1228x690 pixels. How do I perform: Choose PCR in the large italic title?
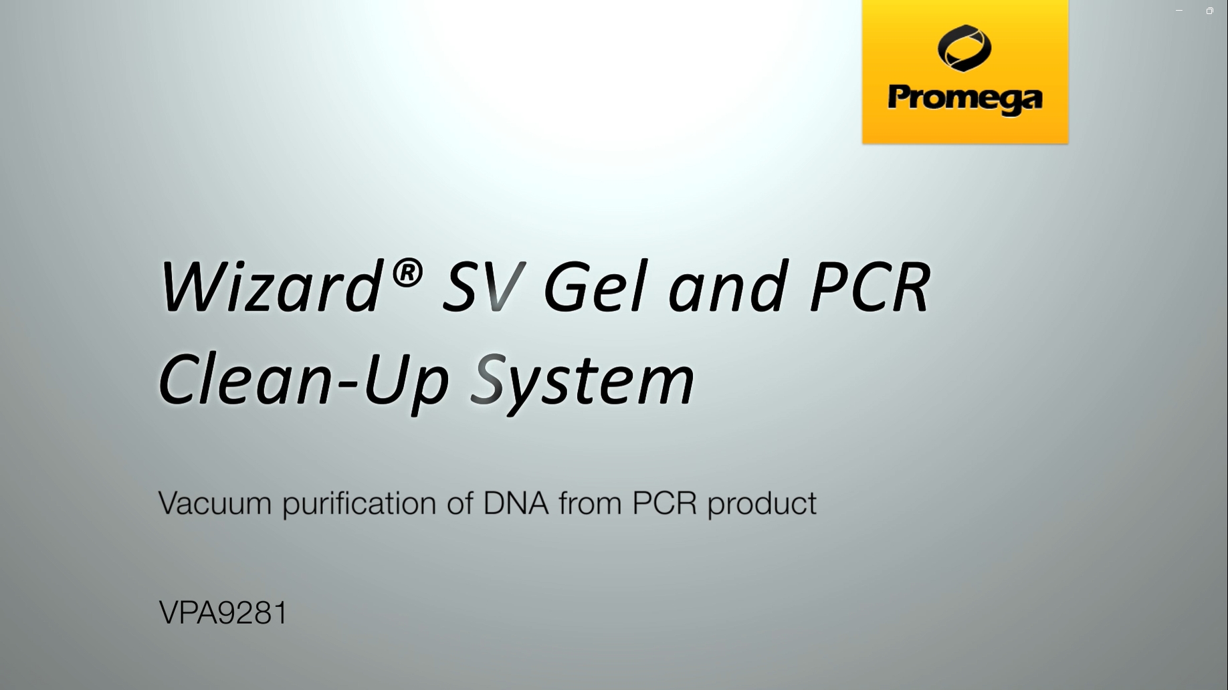click(x=870, y=285)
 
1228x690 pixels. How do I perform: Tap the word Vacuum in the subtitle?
click(x=215, y=503)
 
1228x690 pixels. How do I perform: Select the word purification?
click(x=359, y=503)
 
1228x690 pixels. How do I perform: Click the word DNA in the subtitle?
click(x=516, y=503)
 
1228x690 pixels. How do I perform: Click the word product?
click(x=762, y=503)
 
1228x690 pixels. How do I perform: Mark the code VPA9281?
click(x=223, y=612)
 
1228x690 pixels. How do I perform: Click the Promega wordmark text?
click(x=965, y=99)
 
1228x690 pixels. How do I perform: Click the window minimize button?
click(x=1179, y=11)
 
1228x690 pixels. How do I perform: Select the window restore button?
click(x=1209, y=11)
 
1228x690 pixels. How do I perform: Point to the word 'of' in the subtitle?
click(x=460, y=503)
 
